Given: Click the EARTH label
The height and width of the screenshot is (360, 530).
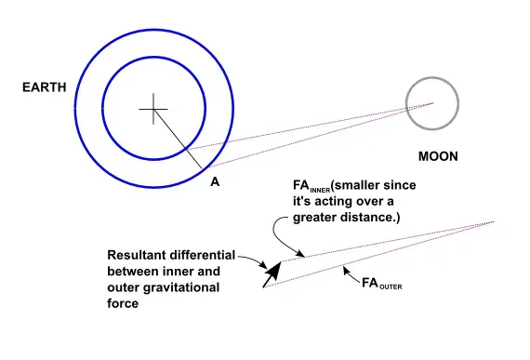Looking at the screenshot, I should click(45, 87).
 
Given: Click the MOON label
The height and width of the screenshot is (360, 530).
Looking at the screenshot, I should click(435, 157).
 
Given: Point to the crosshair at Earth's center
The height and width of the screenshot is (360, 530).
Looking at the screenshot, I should click(153, 110).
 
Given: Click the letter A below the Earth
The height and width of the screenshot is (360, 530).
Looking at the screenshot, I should click(215, 182).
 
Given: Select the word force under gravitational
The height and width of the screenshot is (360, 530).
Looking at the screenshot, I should click(124, 303).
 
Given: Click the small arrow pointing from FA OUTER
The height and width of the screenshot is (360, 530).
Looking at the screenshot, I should click(349, 273).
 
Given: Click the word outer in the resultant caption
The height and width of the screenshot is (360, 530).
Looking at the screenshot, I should click(128, 287).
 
